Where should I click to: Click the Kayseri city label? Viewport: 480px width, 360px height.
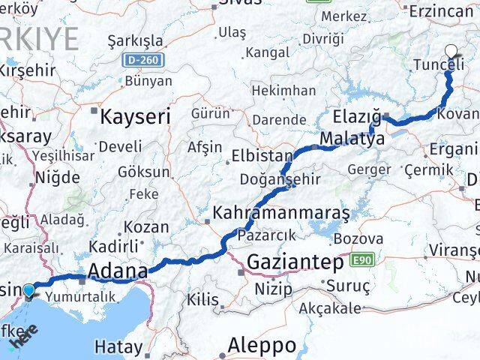[x=136, y=116]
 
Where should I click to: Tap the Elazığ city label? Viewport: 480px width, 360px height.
[x=357, y=117]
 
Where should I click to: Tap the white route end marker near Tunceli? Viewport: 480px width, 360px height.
[x=451, y=51]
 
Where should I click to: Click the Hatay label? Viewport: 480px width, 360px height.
[x=118, y=346]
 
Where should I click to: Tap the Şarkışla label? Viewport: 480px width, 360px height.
[x=135, y=39]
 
